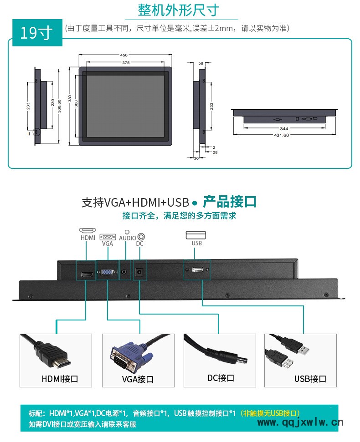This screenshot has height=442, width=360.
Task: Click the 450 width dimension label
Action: click(123, 55)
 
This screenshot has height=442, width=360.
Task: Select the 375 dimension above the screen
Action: click(126, 62)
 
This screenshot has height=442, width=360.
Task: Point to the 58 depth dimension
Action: click(201, 63)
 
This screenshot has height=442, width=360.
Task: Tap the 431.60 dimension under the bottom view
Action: click(281, 135)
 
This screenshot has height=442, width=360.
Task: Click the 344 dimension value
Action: click(284, 128)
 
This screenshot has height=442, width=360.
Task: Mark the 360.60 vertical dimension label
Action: click(59, 106)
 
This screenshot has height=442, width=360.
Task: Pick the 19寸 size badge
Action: click(36, 33)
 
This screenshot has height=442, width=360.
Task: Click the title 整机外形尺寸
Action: click(178, 10)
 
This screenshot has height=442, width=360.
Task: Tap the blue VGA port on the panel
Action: click(108, 272)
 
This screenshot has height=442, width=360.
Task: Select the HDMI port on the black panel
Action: click(87, 274)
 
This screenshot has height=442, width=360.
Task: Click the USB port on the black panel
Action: click(197, 270)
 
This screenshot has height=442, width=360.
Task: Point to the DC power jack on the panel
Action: click(139, 272)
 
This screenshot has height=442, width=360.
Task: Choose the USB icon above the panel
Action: click(195, 235)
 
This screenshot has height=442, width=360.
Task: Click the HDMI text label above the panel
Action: click(88, 238)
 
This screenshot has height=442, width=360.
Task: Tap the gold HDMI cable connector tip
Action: click(64, 362)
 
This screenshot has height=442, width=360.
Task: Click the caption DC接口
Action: click(221, 378)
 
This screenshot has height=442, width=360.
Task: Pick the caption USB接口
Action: click(310, 379)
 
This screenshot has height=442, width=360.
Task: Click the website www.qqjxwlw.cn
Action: click(300, 422)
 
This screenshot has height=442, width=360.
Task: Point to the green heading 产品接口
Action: click(230, 202)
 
